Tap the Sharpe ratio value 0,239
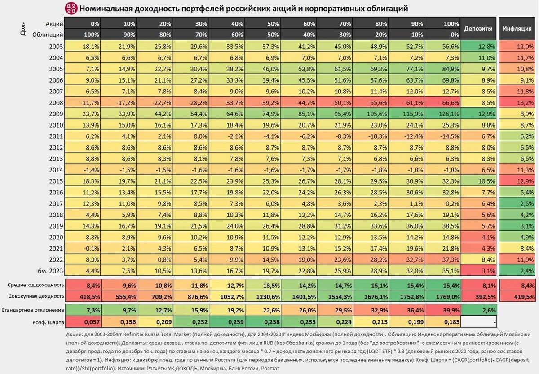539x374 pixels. click(226, 322)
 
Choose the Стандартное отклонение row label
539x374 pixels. click(33, 310)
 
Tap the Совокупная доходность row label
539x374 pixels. click(36, 296)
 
